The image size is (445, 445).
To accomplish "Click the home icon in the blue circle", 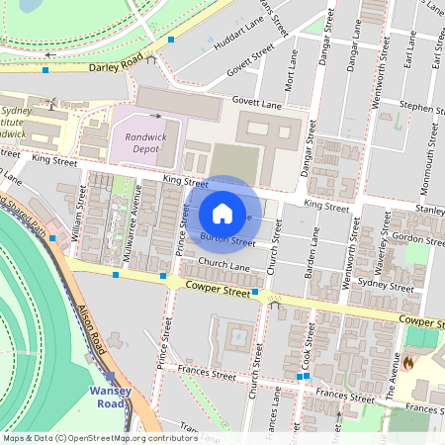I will point(222,213).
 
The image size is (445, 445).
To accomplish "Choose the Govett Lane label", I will point(258,100).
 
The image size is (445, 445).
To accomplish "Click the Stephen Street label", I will point(421,103).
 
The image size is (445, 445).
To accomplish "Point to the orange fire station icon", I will point(407,363).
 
